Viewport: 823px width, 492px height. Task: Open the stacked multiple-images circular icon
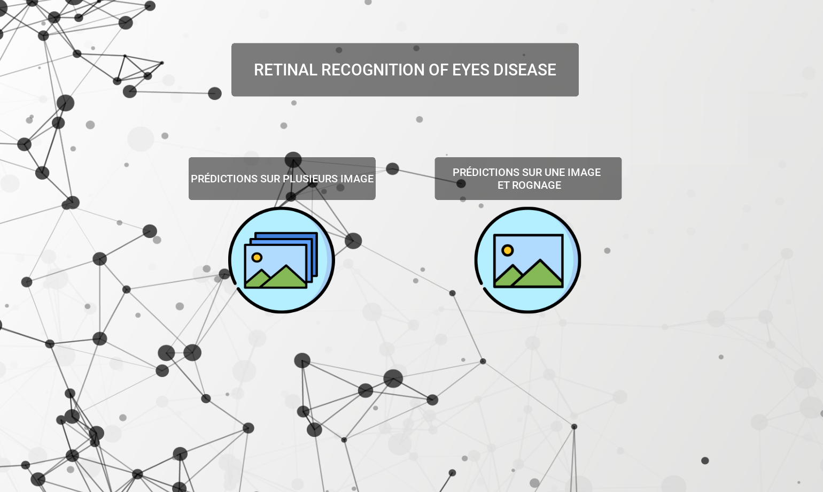coord(282,260)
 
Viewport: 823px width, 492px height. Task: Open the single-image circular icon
coord(527,260)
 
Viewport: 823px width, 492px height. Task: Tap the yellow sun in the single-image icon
coord(507,250)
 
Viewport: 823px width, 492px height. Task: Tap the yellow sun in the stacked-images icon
coord(257,257)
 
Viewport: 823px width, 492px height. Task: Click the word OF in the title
coord(438,70)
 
